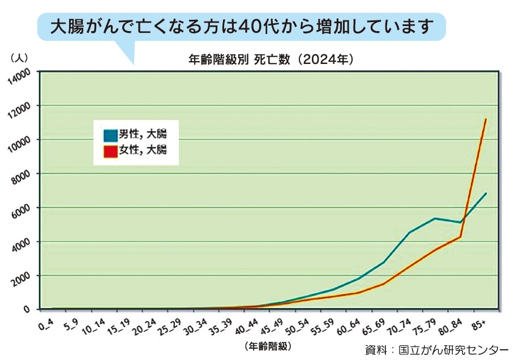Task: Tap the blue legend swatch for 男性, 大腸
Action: click(x=110, y=135)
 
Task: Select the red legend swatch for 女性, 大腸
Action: click(x=110, y=150)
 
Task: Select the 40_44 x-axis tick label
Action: click(x=247, y=325)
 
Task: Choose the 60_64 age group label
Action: click(x=349, y=325)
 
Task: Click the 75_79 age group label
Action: click(x=426, y=325)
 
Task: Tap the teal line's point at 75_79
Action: click(x=435, y=218)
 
